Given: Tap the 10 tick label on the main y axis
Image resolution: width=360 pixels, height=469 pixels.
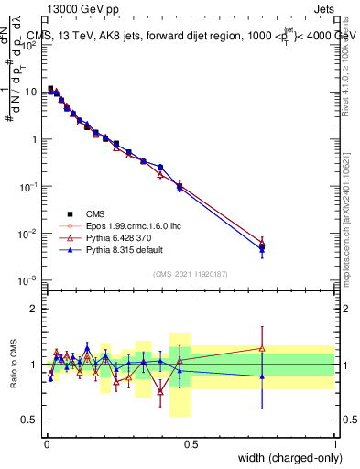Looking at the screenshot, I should click(31, 93).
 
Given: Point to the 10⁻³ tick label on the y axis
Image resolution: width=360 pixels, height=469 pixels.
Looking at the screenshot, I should click(28, 280).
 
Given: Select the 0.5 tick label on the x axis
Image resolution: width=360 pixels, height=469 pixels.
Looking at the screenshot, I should click(191, 444).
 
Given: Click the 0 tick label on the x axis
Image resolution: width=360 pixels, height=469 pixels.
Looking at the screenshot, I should click(46, 444).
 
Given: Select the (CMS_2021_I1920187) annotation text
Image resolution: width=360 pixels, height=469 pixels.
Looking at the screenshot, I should click(191, 274).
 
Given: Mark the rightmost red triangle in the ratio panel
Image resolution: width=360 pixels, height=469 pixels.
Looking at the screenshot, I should click(262, 348).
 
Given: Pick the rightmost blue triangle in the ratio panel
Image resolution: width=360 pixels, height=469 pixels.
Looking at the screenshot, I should click(262, 376).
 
